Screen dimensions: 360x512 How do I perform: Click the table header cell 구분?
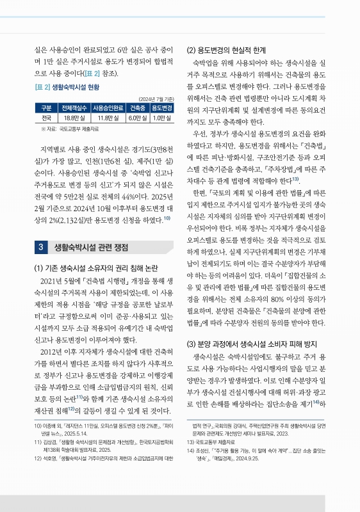click(x=46, y=108)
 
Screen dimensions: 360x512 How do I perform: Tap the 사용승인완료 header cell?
click(x=108, y=108)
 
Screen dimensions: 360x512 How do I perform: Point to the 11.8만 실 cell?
click(x=108, y=118)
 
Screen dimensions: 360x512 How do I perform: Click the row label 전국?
click(x=46, y=118)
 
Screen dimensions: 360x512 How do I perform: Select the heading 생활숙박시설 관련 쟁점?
click(x=90, y=246)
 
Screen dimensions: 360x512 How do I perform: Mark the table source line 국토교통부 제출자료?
click(x=70, y=128)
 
